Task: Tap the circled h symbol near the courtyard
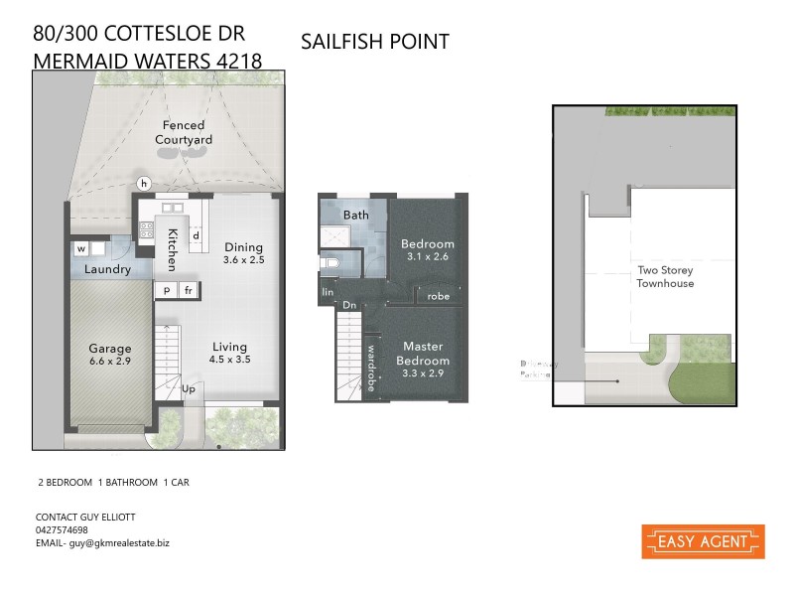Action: pos(144,183)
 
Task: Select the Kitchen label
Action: pos(173,249)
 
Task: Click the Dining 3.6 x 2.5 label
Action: pos(243,253)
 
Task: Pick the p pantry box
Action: pos(166,290)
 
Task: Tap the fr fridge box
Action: pos(188,290)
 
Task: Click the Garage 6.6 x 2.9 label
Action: pos(110,355)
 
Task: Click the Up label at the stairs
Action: pos(189,388)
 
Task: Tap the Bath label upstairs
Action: pos(355,215)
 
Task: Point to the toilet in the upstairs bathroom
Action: pos(332,265)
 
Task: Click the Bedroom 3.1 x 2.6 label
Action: pos(427,250)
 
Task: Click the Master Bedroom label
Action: pos(425,354)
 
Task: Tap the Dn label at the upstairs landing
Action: pos(348,306)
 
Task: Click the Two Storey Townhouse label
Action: pos(665,276)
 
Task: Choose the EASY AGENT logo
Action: pos(703,542)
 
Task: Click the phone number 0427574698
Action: pos(62,530)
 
